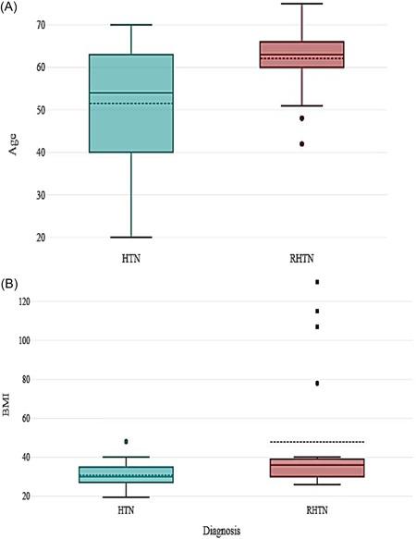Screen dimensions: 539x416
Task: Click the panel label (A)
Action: tap(13, 8)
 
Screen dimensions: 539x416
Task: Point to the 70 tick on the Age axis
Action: tap(42, 24)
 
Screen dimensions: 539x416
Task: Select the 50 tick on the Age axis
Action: tap(42, 110)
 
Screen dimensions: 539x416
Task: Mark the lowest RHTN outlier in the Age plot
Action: tap(301, 143)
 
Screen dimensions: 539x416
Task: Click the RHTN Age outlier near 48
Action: tap(301, 118)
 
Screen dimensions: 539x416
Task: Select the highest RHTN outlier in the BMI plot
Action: tap(316, 282)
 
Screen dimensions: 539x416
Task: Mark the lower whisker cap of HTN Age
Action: tap(131, 238)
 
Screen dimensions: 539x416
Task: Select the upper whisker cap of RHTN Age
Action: tap(301, 4)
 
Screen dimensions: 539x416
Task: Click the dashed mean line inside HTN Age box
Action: tap(131, 104)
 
